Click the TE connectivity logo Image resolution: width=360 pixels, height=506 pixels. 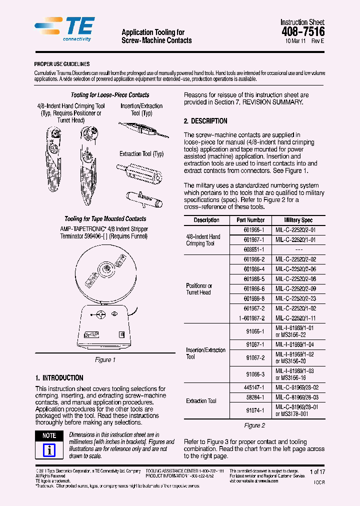[64, 29]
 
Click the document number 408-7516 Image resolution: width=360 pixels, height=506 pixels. [303, 31]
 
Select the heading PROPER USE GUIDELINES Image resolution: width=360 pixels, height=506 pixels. [62, 64]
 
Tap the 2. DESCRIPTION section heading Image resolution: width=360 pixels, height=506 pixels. [205, 121]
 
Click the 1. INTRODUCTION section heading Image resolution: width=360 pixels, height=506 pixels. [59, 378]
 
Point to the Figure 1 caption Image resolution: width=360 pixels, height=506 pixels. [105, 360]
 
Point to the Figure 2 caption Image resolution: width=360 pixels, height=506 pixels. [254, 425]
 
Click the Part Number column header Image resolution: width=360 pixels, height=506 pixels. [250, 220]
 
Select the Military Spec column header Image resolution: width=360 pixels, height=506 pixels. [298, 220]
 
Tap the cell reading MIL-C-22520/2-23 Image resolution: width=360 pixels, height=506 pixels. [296, 298]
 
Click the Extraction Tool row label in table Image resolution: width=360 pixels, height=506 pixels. [201, 401]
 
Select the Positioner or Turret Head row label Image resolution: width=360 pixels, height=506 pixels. [199, 289]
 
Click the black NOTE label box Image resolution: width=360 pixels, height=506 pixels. [49, 435]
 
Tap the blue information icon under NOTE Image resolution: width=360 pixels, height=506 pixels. [49, 450]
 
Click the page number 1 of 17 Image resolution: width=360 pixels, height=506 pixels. [317, 471]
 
